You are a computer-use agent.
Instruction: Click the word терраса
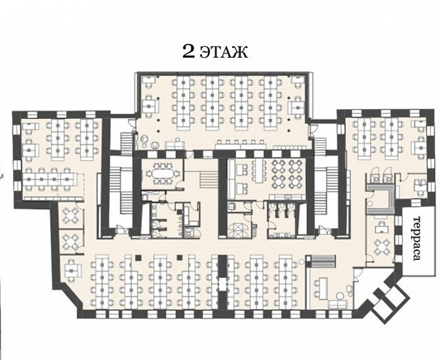417,238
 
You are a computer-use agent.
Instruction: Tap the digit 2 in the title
188,52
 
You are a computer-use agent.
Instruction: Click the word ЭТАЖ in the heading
224,52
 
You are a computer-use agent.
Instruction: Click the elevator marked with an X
238,230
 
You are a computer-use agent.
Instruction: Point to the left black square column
137,257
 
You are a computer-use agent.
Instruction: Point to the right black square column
179,257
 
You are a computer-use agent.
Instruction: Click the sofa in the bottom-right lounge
337,304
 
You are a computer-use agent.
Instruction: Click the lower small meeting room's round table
70,242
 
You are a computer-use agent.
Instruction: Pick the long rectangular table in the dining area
259,170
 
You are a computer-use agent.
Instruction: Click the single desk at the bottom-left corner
72,270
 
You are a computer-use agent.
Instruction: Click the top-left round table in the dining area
278,166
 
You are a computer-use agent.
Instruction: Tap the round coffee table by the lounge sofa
341,295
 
